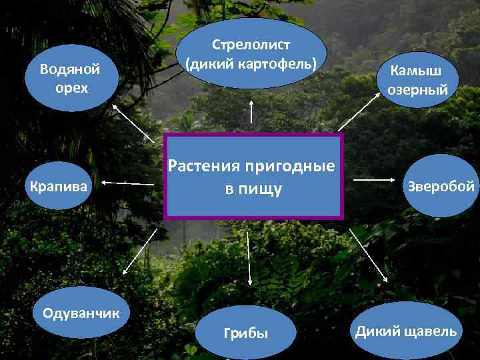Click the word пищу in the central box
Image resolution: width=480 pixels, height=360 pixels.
pyautogui.click(x=263, y=190)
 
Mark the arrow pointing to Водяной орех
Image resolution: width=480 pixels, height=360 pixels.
pyautogui.click(x=132, y=121)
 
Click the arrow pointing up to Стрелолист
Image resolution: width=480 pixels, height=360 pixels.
pyautogui.click(x=251, y=111)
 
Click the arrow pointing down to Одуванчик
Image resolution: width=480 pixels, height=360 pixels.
pyautogui.click(x=140, y=251)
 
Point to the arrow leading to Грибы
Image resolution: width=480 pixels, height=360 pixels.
pyautogui.click(x=249, y=261)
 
